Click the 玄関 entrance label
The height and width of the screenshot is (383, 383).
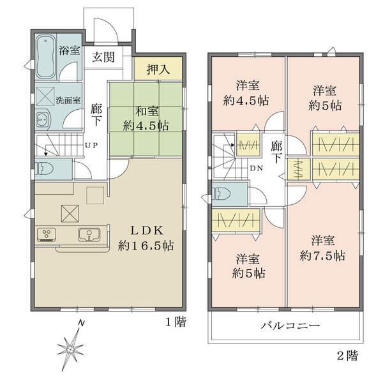(103, 57)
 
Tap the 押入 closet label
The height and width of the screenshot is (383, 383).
(158, 70)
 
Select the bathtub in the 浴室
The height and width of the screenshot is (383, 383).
(45, 57)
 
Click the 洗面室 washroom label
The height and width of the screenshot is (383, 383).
(68, 100)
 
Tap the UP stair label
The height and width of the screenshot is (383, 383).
(91, 146)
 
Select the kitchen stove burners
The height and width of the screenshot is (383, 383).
(46, 235)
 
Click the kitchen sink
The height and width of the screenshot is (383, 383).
(89, 235)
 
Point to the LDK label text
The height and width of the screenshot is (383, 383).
(147, 230)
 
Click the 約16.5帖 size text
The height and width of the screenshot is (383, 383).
(146, 245)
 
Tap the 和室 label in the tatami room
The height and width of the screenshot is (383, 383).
(147, 111)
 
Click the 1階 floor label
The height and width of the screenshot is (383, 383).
(176, 322)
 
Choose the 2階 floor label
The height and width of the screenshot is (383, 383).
(347, 356)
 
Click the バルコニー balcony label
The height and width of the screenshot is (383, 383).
(290, 326)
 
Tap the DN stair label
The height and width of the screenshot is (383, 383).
(257, 168)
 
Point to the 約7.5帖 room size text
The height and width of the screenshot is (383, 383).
(322, 256)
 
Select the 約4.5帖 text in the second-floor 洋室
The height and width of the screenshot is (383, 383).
(246, 100)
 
